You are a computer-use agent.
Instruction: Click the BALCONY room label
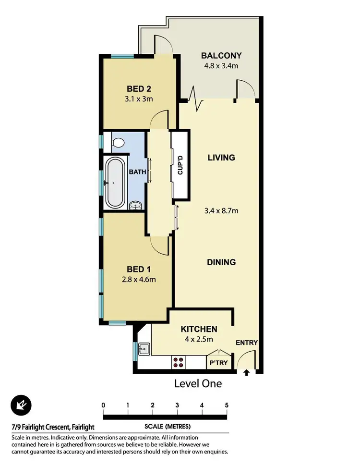click(221, 55)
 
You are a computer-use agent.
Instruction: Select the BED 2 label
click(139, 89)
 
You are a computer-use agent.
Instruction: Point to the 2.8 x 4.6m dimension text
click(139, 279)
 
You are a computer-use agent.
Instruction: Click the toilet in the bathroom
click(118, 142)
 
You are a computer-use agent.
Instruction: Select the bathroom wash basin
click(136, 206)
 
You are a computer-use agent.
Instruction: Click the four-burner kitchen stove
click(178, 362)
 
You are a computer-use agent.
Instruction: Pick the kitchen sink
click(144, 348)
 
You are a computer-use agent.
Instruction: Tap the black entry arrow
click(247, 372)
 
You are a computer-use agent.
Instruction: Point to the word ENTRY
click(247, 343)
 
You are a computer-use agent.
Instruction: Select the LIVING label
click(221, 158)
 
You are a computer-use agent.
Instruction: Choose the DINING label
click(221, 262)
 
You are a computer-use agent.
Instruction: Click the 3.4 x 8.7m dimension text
click(221, 210)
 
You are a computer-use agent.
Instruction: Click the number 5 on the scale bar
click(227, 405)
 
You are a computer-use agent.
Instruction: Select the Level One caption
click(198, 383)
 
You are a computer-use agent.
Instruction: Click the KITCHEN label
click(199, 329)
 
